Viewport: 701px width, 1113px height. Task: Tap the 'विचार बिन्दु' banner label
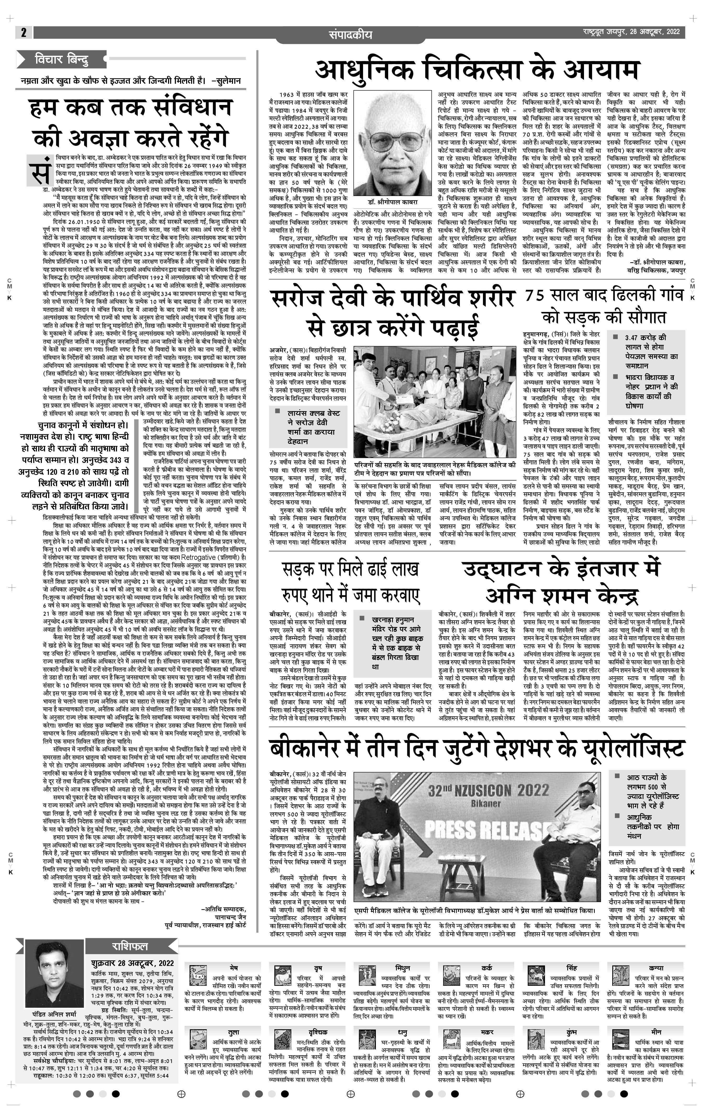(x=62, y=59)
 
